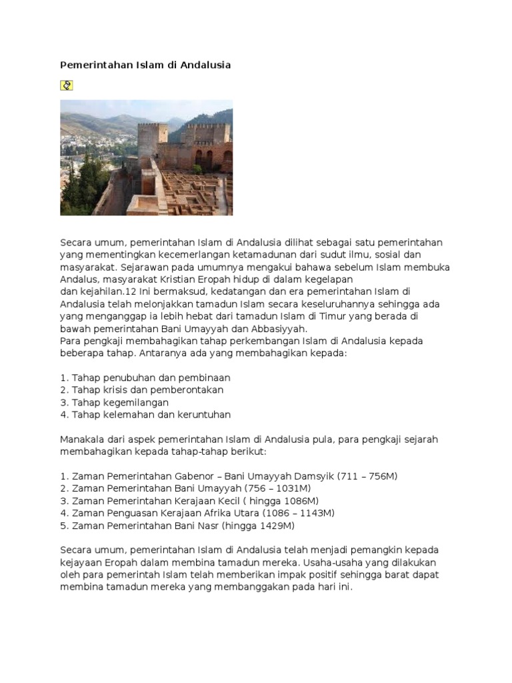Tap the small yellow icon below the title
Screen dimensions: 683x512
67,85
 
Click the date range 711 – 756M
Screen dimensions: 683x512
368,476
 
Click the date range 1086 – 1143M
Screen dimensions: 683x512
299,513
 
